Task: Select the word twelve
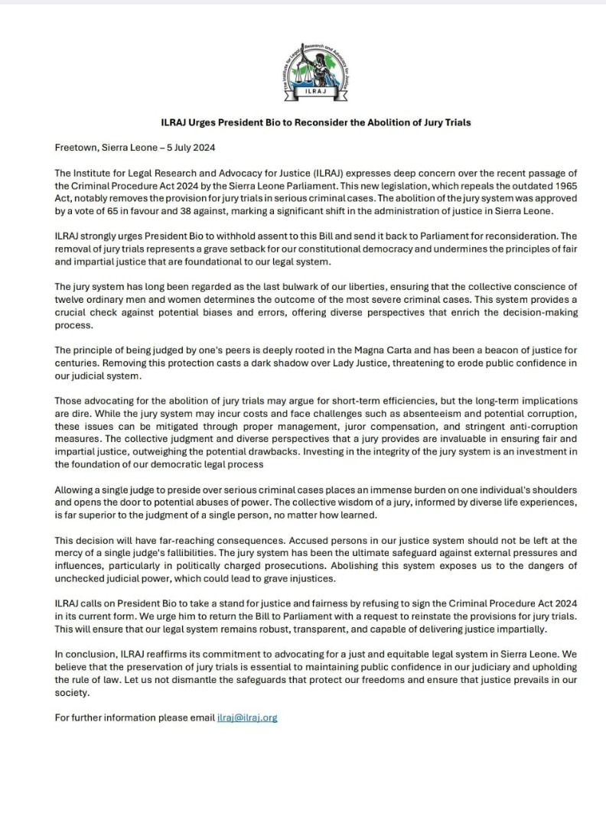[x=72, y=300]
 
